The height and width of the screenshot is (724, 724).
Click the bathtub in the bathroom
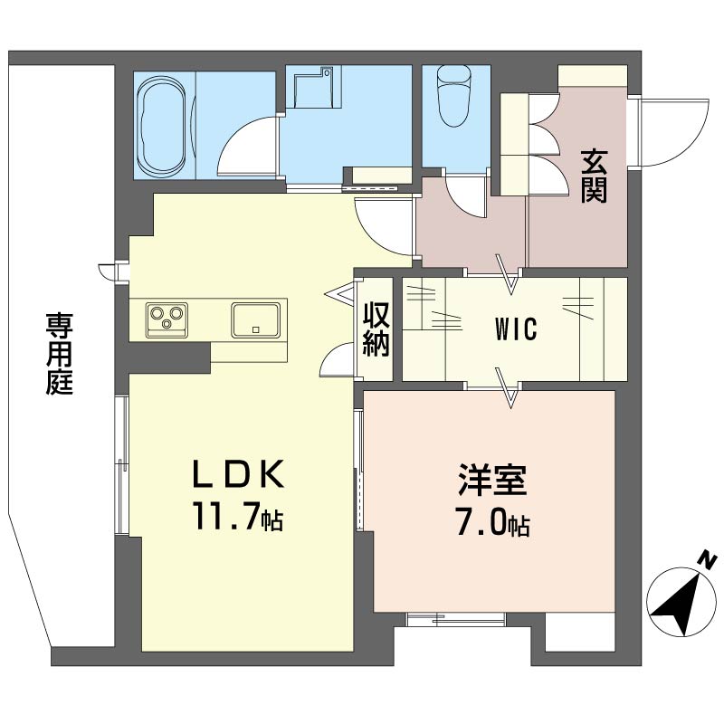pyautogui.click(x=164, y=126)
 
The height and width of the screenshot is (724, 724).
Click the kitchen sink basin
pyautogui.click(x=255, y=319)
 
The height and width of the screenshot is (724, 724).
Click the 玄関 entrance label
pyautogui.click(x=594, y=176)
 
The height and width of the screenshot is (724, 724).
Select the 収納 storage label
pyautogui.click(x=377, y=329)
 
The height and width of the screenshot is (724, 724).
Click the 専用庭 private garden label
pyautogui.click(x=60, y=353)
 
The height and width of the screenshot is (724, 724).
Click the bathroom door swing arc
pyautogui.click(x=245, y=145)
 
